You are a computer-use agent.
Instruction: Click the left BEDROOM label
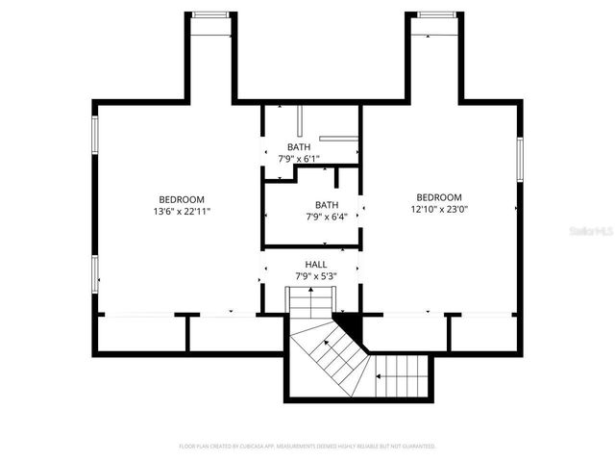click(x=181, y=198)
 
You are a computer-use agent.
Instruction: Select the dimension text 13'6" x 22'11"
click(x=181, y=211)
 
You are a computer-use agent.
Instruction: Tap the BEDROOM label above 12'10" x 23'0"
click(x=439, y=196)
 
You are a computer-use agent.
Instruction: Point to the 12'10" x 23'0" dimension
click(x=439, y=209)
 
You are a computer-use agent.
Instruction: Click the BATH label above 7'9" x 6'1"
click(x=299, y=147)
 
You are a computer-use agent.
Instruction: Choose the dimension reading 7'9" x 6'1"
click(x=299, y=159)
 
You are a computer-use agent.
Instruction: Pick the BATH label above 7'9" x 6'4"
click(x=327, y=204)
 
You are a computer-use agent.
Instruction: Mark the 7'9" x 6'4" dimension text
click(x=327, y=217)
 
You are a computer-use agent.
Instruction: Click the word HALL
click(x=316, y=264)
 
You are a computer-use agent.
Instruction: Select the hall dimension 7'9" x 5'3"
click(x=316, y=276)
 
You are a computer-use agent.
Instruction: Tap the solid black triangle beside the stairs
click(x=346, y=324)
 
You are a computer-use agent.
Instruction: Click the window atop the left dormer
click(x=210, y=14)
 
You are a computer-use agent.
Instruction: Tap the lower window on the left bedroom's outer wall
click(x=94, y=271)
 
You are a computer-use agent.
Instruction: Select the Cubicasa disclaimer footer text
click(x=307, y=447)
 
